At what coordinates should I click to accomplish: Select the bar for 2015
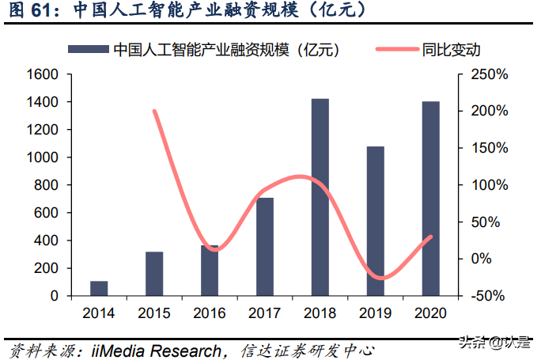click(x=154, y=274)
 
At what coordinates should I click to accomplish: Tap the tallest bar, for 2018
click(x=320, y=197)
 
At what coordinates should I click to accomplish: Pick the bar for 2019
click(x=376, y=221)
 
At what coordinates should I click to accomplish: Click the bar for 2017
click(x=265, y=246)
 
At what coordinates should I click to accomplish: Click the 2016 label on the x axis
click(x=210, y=313)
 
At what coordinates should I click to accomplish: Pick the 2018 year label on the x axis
click(x=320, y=313)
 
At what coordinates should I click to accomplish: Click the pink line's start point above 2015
click(x=154, y=111)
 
